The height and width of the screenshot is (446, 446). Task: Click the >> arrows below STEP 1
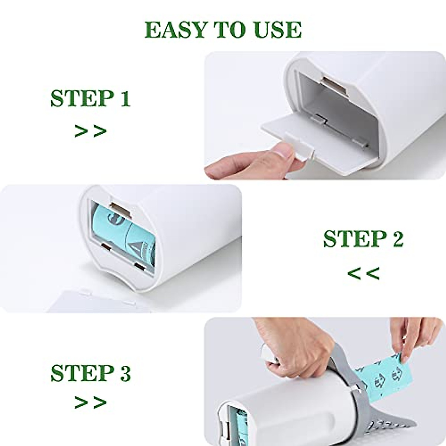[x=90, y=131]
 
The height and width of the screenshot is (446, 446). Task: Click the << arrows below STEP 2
[x=363, y=274]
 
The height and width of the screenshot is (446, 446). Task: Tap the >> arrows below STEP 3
[x=90, y=402]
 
